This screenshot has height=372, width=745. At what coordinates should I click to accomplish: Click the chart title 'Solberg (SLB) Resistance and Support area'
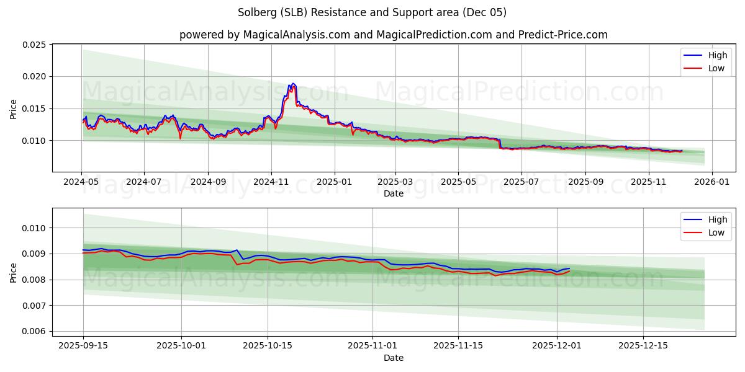coord(372,12)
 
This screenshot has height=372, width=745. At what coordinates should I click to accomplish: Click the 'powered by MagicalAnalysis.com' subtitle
coord(393,35)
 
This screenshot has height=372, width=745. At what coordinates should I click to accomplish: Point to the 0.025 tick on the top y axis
coord(34,45)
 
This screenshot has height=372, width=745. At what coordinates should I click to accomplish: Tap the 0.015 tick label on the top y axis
coord(34,108)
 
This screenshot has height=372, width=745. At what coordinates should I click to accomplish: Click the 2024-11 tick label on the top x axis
coord(271,182)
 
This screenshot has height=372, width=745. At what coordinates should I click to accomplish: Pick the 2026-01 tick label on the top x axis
coord(711,182)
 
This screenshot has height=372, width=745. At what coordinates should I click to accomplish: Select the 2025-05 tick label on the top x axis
coord(458,182)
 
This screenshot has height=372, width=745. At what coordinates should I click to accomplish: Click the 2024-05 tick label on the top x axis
coord(81,182)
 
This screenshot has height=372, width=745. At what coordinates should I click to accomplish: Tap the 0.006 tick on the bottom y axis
coord(34,331)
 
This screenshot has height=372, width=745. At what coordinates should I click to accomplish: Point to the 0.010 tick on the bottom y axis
coord(34,228)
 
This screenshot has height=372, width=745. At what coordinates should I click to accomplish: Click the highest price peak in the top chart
coord(293,83)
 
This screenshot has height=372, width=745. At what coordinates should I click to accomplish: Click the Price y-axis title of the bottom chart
coord(14,272)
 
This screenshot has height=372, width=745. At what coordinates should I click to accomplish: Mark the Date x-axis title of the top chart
coord(393,193)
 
